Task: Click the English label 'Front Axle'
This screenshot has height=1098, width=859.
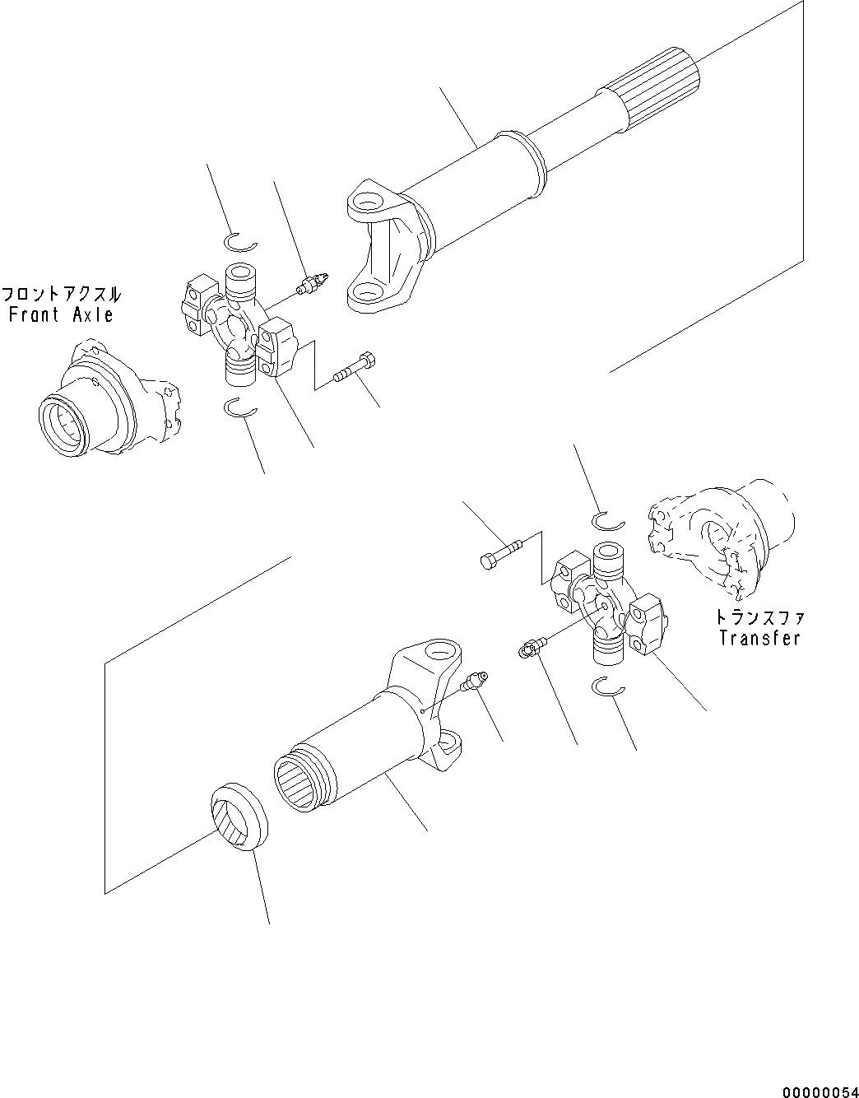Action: pyautogui.click(x=62, y=314)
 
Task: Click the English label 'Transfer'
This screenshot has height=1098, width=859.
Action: pyautogui.click(x=759, y=638)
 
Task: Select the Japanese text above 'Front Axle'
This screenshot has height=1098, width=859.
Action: pyautogui.click(x=62, y=294)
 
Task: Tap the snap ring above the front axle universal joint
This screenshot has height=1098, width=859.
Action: pyautogui.click(x=240, y=242)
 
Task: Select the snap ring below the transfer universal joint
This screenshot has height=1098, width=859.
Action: pyautogui.click(x=609, y=686)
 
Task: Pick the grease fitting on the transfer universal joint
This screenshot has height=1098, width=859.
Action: pyautogui.click(x=527, y=649)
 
